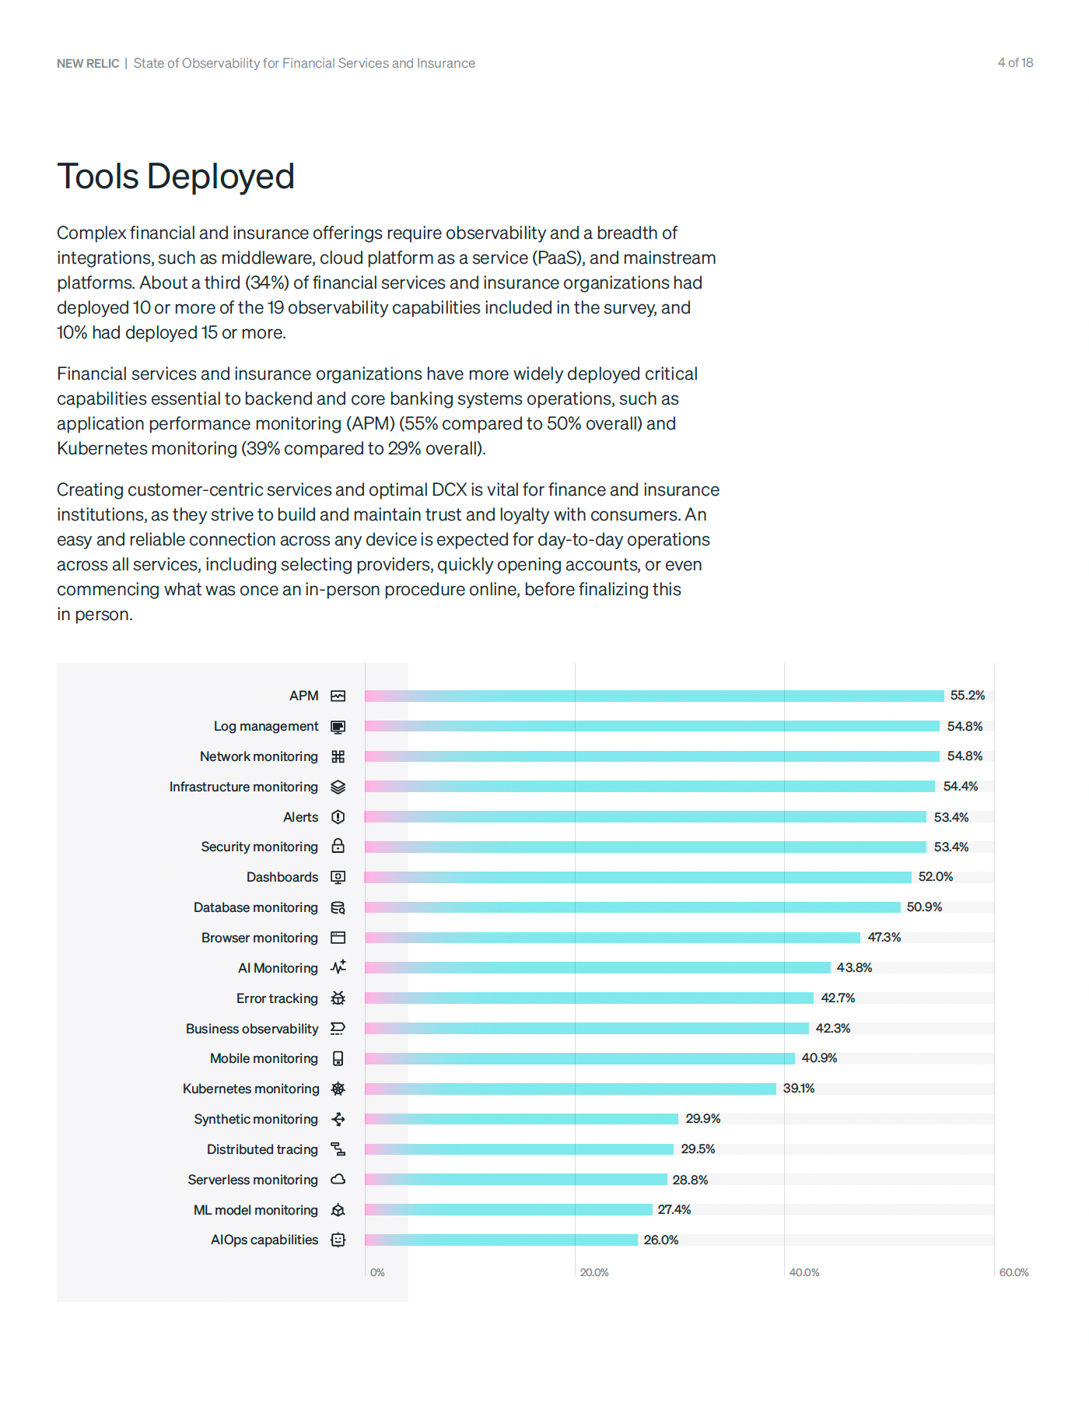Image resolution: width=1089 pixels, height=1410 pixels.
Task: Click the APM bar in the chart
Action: [654, 696]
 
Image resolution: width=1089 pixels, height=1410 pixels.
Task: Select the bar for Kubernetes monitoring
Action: [570, 1089]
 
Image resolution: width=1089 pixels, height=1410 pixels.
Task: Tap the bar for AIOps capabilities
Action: [501, 1240]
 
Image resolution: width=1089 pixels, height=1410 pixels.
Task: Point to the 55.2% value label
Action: [967, 696]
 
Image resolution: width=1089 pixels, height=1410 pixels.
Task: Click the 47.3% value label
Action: [884, 938]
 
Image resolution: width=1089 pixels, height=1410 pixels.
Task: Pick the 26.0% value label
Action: [660, 1240]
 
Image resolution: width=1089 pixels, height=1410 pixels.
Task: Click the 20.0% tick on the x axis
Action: [594, 1272]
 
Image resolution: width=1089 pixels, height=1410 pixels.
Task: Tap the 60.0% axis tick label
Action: [1013, 1272]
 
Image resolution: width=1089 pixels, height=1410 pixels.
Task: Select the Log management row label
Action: [266, 726]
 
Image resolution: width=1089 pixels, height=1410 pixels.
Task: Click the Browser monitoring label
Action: [259, 938]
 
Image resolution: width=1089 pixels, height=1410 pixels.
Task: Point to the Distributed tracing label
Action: [262, 1149]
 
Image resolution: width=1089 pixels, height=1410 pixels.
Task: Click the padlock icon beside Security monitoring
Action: [338, 846]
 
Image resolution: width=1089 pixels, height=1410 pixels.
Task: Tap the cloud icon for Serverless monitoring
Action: [338, 1180]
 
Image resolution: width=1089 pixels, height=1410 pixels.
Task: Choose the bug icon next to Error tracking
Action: [338, 998]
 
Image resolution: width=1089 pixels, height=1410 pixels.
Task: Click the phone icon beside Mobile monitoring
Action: [338, 1058]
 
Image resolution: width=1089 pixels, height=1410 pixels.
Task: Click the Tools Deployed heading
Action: [176, 177]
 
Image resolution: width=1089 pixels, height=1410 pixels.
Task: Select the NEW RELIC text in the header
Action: [88, 64]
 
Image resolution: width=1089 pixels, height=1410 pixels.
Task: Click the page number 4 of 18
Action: [1015, 63]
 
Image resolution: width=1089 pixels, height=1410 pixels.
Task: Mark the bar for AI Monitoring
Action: [597, 968]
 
